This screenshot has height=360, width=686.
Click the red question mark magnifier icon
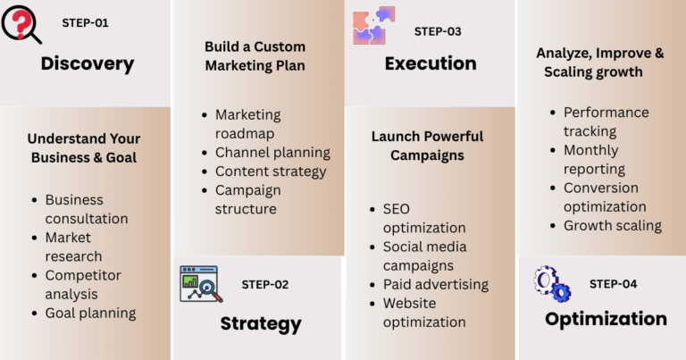coord(21,24)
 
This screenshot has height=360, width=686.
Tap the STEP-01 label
coord(85,22)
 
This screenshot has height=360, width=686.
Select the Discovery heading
coord(88,63)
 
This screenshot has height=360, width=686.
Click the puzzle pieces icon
coord(374,25)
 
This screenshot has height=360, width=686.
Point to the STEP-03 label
coord(438,31)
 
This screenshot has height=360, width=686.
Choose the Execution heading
coord(431,63)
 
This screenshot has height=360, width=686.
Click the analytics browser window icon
coord(201,284)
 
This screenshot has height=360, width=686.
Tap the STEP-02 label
coord(265,285)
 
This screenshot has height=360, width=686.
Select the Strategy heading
coord(261,324)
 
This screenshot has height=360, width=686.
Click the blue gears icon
coord(552,284)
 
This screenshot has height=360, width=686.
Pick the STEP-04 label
coord(613,284)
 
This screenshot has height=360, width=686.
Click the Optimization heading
coord(606,319)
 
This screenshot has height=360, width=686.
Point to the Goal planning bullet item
coord(90,314)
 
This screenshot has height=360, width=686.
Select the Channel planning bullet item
coord(272,153)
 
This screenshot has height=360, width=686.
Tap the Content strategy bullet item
coord(271,172)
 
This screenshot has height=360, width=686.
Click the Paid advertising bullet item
coord(436,285)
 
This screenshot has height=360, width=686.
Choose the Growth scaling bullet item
coord(613,226)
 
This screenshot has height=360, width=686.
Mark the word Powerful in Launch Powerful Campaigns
coord(455,137)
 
